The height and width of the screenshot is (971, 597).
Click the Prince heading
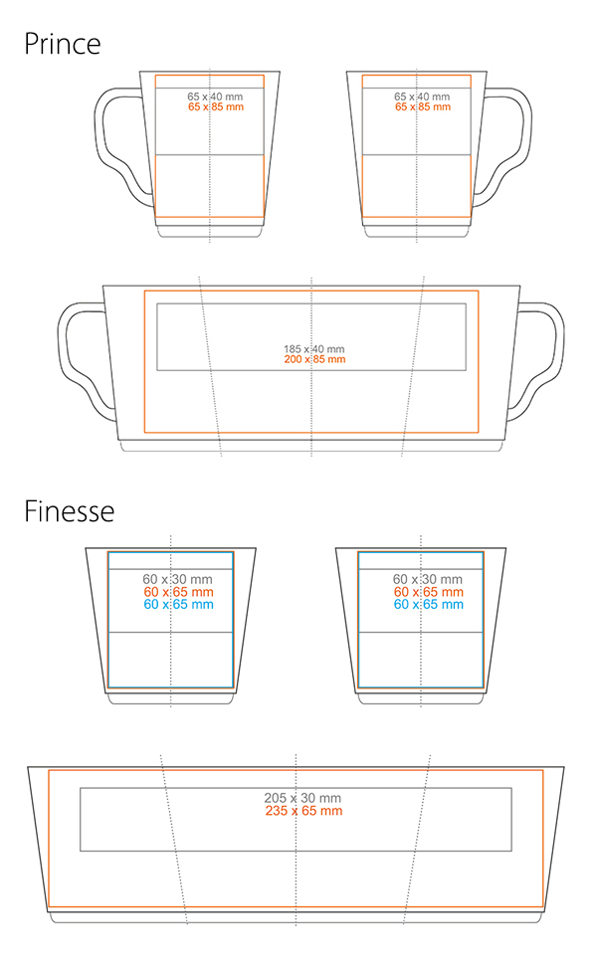click(63, 44)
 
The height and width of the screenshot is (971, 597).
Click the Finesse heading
click(70, 511)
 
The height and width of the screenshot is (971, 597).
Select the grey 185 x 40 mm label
click(313, 349)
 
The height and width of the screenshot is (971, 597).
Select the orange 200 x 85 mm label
click(313, 360)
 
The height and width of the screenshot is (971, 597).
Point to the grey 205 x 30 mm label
click(302, 798)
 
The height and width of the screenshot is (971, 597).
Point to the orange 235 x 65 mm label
click(303, 811)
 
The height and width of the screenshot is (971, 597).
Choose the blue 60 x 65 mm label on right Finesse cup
click(428, 604)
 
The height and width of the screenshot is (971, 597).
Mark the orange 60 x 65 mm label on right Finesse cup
click(428, 592)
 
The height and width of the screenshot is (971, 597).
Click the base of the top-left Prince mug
click(209, 231)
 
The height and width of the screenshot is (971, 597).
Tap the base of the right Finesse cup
click(419, 698)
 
